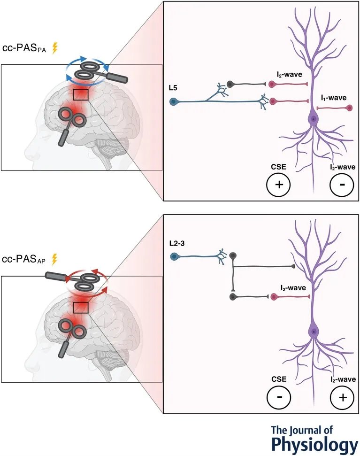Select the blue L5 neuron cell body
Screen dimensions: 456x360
174,101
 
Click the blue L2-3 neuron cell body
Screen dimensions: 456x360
174,257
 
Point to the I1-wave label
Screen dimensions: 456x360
334,98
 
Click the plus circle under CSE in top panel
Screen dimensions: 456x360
278,184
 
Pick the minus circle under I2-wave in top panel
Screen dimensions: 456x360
341,184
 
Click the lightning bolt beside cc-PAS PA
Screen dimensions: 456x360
54,48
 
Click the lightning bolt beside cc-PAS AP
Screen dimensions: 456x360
54,259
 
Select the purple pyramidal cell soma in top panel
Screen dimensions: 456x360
312,120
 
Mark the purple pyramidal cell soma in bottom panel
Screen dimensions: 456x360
312,332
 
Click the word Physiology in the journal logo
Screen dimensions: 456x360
314,444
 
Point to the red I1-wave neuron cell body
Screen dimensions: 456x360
349,108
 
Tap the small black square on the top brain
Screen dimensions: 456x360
81,94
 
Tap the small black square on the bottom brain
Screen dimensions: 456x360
81,308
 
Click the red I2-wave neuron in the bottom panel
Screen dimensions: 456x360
273,297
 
